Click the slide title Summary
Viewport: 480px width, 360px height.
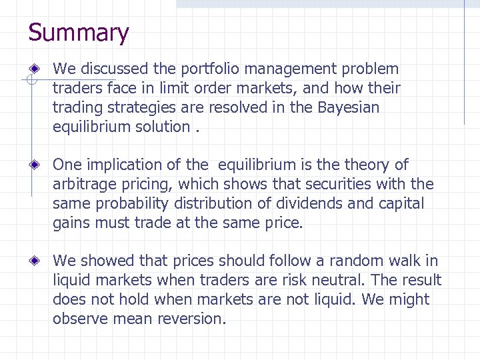point(79,33)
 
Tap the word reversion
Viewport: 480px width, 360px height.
point(191,319)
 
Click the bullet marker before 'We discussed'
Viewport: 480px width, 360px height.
point(41,69)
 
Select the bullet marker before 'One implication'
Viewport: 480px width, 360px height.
point(41,165)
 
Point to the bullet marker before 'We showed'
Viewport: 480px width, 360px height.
point(41,261)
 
